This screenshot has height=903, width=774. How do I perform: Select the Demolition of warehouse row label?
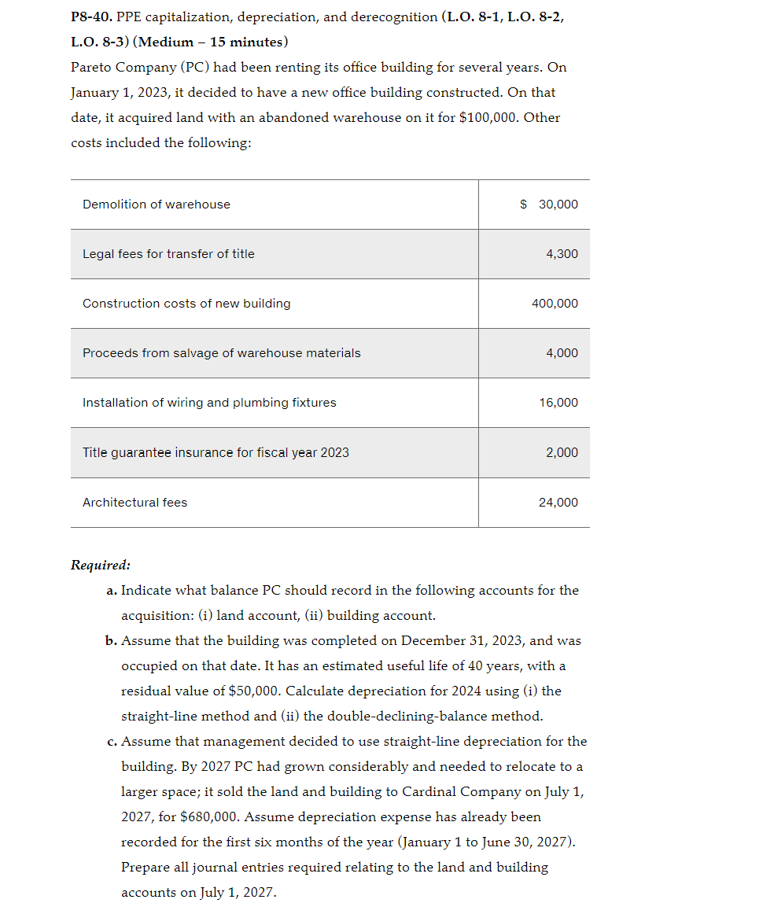click(157, 205)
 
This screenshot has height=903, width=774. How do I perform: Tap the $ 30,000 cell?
click(549, 205)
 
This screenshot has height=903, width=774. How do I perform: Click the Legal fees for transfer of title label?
click(168, 254)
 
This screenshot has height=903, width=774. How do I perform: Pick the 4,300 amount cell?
click(562, 254)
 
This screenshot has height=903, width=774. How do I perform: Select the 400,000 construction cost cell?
click(555, 304)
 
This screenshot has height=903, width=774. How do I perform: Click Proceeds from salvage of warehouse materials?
click(221, 353)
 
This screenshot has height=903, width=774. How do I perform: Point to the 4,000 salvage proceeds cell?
click(562, 353)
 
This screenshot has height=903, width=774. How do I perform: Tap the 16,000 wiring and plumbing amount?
click(558, 403)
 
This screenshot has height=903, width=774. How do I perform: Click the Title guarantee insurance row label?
click(216, 452)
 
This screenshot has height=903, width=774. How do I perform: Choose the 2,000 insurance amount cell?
click(562, 452)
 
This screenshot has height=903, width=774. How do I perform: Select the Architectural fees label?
click(135, 503)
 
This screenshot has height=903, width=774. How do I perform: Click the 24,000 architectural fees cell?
click(558, 503)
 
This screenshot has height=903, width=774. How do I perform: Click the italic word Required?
click(100, 565)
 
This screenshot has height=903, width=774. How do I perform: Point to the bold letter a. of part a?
click(112, 590)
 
